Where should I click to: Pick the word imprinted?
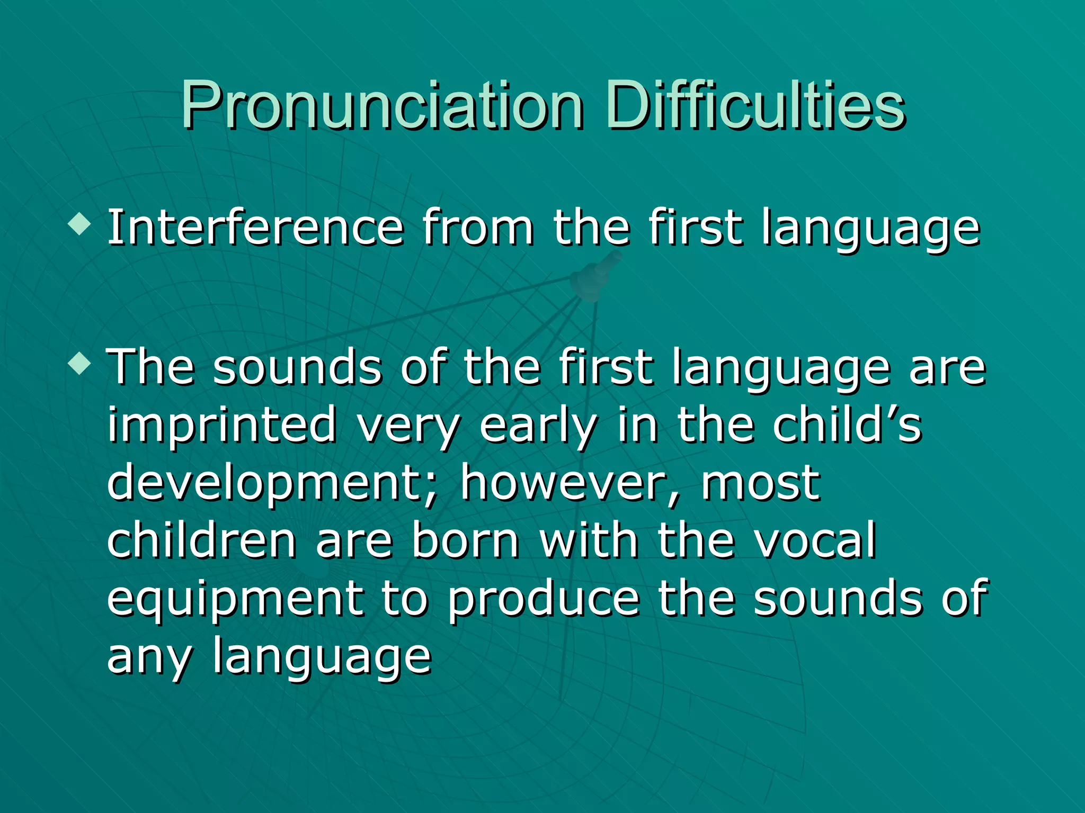point(222,426)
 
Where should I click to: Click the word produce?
point(544,601)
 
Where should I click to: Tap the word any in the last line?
point(149,659)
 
